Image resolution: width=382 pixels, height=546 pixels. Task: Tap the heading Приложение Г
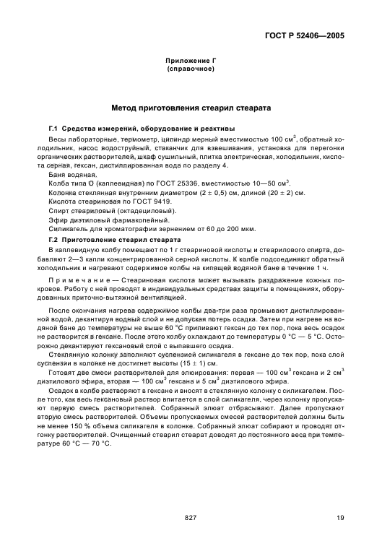pos(191,63)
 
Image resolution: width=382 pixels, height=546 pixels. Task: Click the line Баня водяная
pos(72,174)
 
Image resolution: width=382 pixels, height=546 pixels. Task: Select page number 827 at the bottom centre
pos(191,517)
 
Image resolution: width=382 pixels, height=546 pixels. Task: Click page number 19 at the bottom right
pos(339,517)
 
